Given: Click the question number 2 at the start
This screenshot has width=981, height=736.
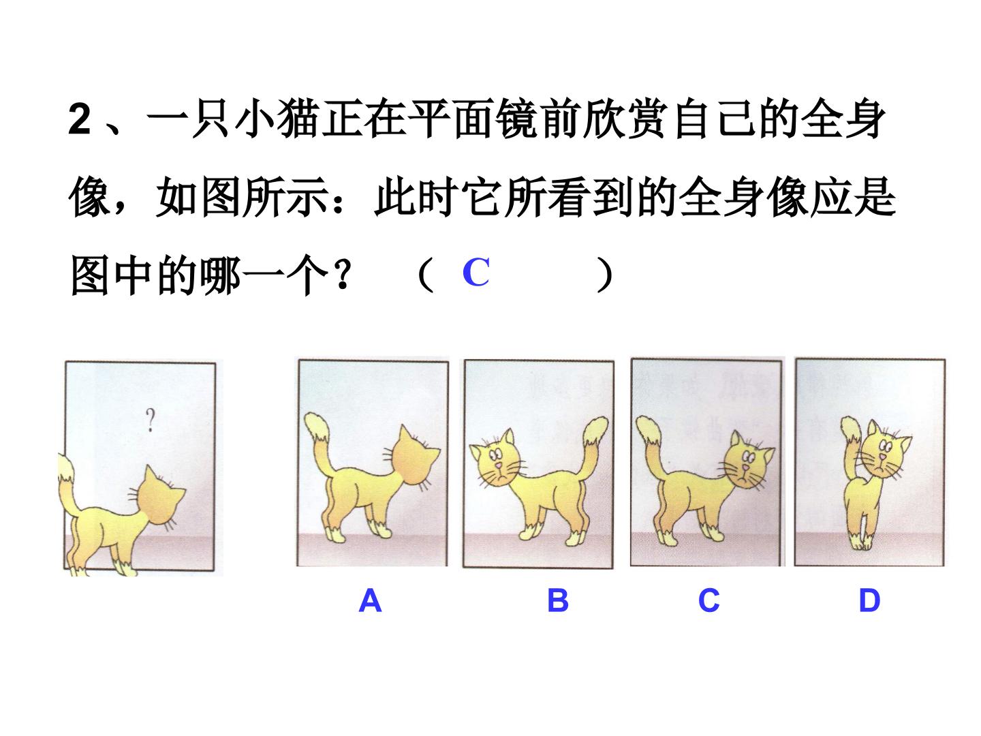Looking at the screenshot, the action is pyautogui.click(x=80, y=119).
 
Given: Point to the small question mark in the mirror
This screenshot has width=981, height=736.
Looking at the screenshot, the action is pyautogui.click(x=150, y=420).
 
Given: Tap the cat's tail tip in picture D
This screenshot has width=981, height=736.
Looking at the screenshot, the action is pyautogui.click(x=850, y=428).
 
